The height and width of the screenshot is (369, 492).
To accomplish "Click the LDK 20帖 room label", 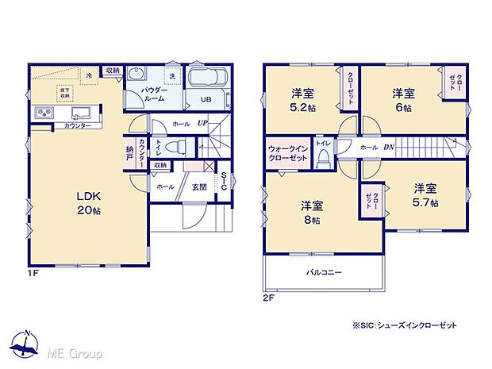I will (x=88, y=203).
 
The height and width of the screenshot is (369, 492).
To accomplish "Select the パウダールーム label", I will (x=153, y=95).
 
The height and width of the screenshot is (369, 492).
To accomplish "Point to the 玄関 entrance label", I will (x=199, y=186).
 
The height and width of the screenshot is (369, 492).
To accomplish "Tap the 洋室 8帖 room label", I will (x=310, y=212).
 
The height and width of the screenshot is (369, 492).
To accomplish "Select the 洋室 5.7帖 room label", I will (x=425, y=195).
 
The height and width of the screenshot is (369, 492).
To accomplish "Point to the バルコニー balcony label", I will (x=324, y=273).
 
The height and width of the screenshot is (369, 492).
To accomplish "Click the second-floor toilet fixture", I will (x=323, y=159).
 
